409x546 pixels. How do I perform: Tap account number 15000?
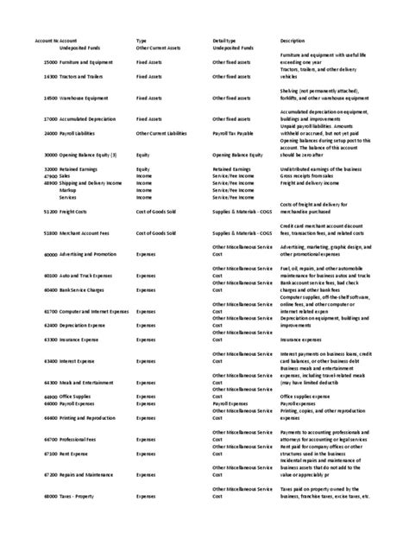coord(50,63)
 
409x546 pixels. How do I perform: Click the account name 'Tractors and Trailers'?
coord(85,76)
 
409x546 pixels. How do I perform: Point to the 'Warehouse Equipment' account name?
coord(85,98)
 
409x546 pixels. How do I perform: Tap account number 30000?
coord(50,155)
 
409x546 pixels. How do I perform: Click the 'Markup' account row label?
coord(68,190)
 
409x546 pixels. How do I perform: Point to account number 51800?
coord(50,232)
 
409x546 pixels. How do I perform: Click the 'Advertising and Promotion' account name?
coord(88,255)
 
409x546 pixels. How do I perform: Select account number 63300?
coord(50,340)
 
